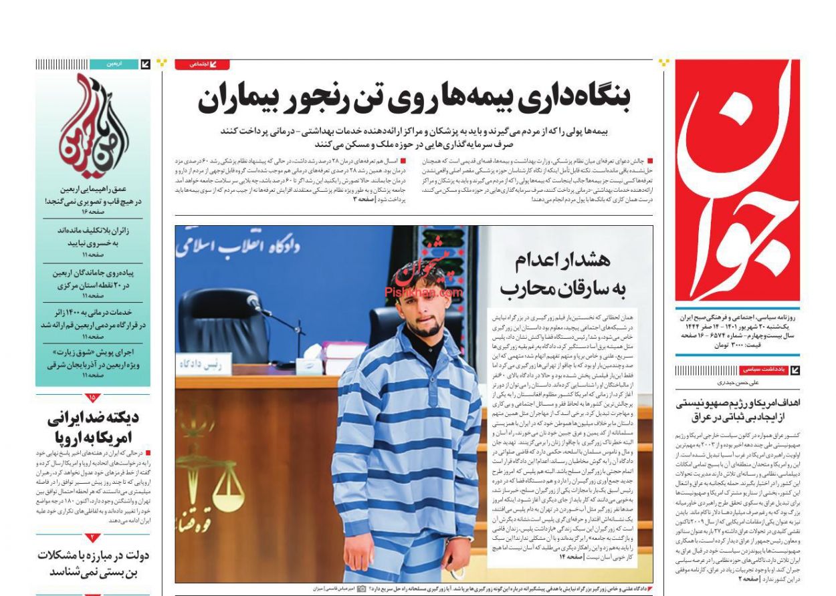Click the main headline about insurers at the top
click(x=414, y=100)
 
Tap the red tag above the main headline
click(x=202, y=64)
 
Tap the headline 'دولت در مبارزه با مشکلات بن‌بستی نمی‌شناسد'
click(x=93, y=563)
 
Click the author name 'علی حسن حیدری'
click(x=737, y=383)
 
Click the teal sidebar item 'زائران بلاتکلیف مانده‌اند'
click(x=93, y=237)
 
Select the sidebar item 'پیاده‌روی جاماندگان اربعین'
click(x=93, y=279)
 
